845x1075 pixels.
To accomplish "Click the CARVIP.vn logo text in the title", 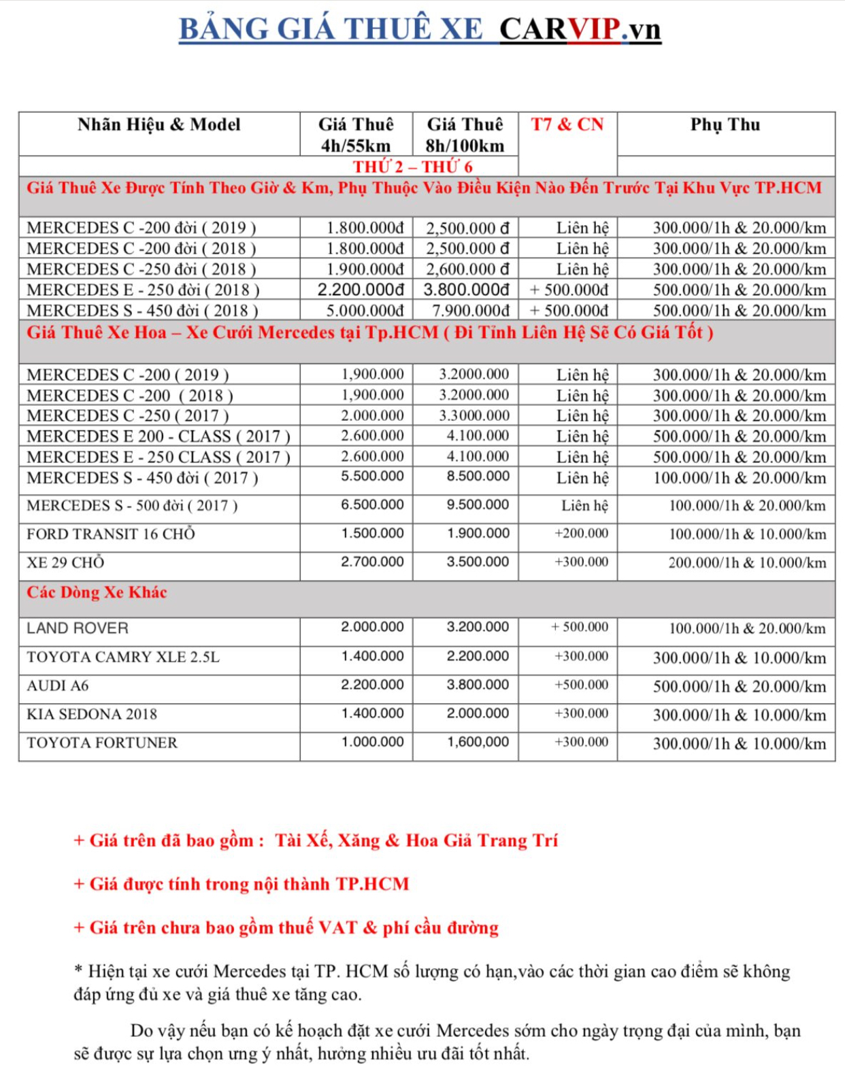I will (580, 29).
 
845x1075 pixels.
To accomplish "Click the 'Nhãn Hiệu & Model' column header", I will (159, 125).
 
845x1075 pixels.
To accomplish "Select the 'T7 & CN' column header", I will (567, 125).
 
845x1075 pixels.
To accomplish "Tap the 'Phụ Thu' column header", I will (725, 125).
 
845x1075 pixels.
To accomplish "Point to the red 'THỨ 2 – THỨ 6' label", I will (412, 167).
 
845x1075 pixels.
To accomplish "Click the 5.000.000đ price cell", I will (365, 311).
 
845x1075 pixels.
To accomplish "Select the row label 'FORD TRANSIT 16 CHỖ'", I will (111, 534).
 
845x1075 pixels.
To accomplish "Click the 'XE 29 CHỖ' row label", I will (65, 563).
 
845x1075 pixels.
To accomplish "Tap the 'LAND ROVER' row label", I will (78, 628).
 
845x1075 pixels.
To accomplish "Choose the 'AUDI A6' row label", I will (58, 686).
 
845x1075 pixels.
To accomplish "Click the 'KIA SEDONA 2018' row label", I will (92, 715).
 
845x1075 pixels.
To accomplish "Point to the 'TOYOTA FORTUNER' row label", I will (102, 743).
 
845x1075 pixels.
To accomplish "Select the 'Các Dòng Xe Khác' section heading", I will (97, 593).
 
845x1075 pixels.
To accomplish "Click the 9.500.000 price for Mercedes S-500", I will (478, 505).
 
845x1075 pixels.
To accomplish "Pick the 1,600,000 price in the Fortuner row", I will (478, 743).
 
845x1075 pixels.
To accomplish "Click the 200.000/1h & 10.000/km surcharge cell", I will (747, 563).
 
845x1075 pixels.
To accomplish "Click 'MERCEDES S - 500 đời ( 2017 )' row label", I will (132, 506).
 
